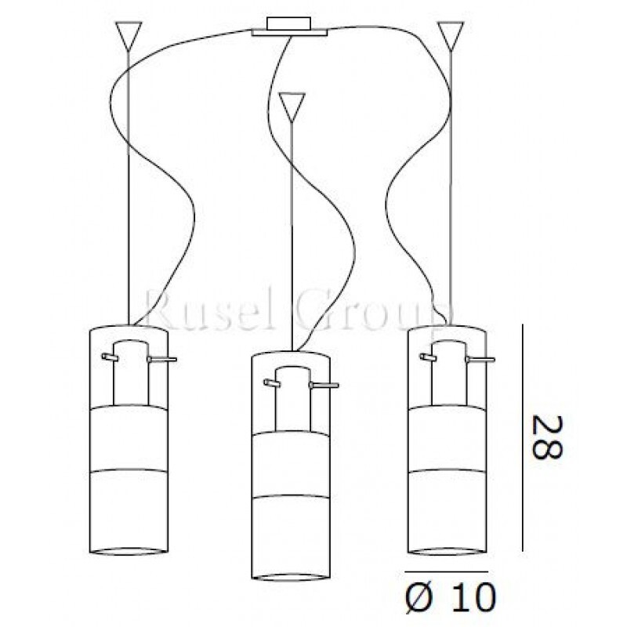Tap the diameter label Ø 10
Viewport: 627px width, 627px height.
(x=451, y=598)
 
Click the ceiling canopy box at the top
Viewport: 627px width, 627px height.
(x=289, y=27)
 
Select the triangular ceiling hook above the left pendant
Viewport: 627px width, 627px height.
(x=129, y=36)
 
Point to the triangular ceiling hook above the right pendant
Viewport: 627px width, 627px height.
(x=451, y=36)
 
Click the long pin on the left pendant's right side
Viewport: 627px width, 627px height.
(x=162, y=360)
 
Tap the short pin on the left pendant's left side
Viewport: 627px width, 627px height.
(x=110, y=357)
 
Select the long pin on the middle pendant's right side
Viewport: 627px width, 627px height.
(x=324, y=386)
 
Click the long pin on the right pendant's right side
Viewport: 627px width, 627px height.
(x=480, y=360)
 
